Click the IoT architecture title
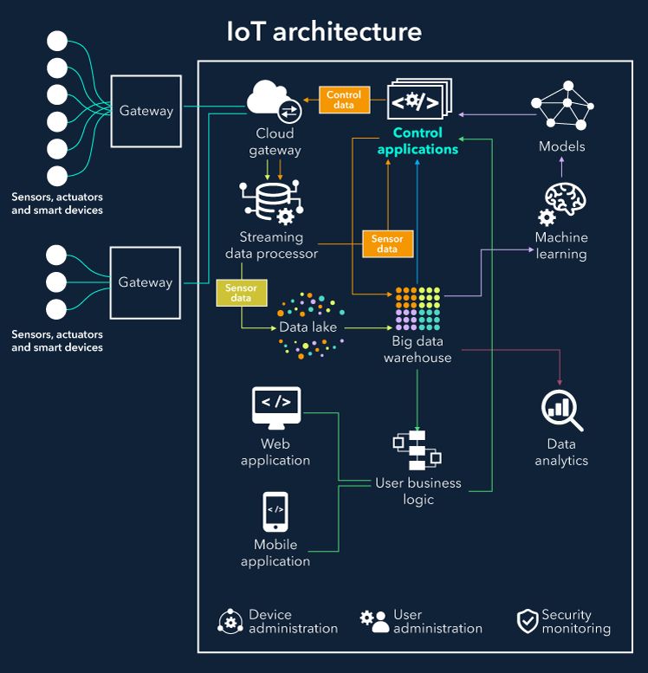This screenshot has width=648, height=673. point(324,32)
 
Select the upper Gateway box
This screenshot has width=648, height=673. point(146,111)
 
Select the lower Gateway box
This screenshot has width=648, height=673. point(146,282)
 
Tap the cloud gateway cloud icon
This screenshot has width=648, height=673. point(272,100)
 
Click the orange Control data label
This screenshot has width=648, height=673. point(344,100)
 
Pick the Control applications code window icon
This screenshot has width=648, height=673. point(418,100)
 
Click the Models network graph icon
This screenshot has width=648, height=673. point(563,107)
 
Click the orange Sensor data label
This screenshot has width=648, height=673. point(387,244)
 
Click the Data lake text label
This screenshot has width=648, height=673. point(308,327)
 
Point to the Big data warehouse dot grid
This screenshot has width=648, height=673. point(418,308)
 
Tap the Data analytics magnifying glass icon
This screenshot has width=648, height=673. point(561,411)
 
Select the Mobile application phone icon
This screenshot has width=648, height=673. point(275,512)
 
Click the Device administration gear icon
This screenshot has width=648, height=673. point(230,622)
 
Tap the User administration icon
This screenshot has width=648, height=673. point(374,622)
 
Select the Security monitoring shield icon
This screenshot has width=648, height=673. point(527,622)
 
